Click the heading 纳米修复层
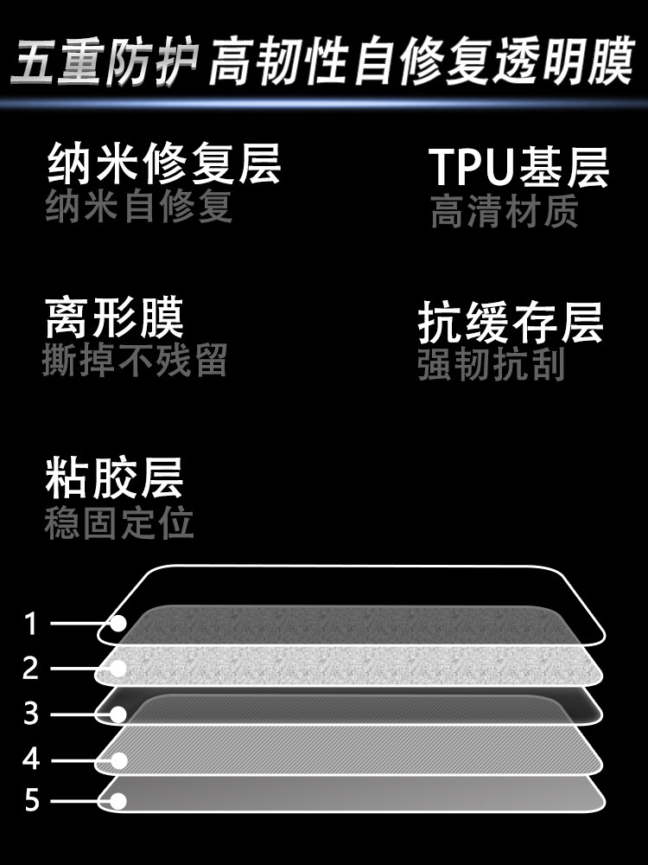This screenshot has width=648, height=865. click(x=163, y=164)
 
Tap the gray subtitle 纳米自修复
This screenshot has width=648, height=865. click(x=139, y=208)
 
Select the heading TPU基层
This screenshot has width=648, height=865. click(x=519, y=167)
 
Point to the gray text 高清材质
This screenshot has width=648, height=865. click(x=504, y=212)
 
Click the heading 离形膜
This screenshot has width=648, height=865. click(x=114, y=318)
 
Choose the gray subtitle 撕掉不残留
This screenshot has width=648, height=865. click(x=135, y=361)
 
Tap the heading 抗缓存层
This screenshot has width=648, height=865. click(x=510, y=324)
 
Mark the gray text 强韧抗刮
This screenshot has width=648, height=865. click(x=491, y=365)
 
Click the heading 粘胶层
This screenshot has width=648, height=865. click(x=114, y=478)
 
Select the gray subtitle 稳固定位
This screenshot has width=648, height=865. click(x=119, y=523)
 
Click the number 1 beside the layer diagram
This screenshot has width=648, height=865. click(x=32, y=623)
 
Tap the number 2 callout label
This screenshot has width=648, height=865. click(x=32, y=669)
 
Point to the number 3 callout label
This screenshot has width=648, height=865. click(x=32, y=714)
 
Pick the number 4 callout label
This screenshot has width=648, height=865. click(x=32, y=760)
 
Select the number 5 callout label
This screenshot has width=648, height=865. click(x=32, y=801)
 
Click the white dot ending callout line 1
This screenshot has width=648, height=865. click(x=118, y=623)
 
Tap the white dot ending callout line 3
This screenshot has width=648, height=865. click(x=118, y=714)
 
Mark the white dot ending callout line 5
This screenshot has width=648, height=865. click(x=118, y=801)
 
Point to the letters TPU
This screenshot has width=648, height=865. click(x=473, y=167)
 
